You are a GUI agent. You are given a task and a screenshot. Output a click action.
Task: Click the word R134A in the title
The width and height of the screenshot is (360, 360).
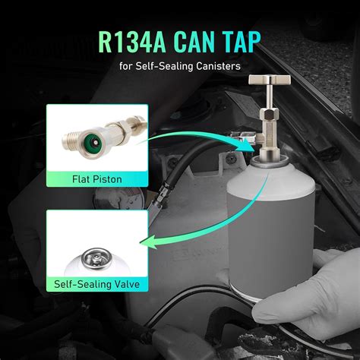point(131,42)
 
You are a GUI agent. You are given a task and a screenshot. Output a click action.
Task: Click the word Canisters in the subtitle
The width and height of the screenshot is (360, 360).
point(218,66)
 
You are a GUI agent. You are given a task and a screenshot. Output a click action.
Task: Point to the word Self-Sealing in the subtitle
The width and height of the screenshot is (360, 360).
point(164,66)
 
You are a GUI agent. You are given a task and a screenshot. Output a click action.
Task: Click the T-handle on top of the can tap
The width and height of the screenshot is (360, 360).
point(270,80)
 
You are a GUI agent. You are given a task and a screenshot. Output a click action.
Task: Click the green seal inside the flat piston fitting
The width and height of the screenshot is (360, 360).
point(95,143)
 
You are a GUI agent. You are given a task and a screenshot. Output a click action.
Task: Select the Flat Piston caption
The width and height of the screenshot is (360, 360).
point(97,179)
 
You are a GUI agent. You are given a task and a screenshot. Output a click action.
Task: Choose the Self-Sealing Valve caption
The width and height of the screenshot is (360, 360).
point(96,284)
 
